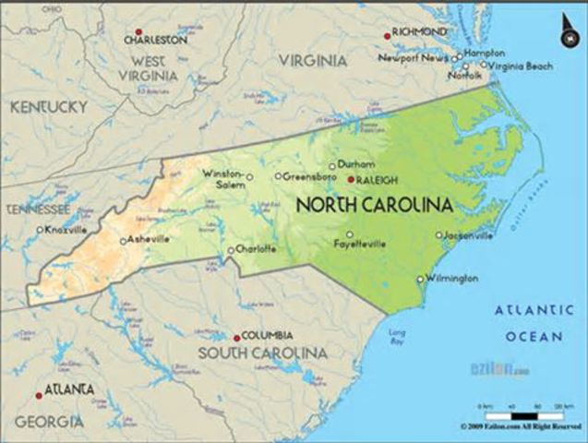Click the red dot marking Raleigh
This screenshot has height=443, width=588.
[x=351, y=180]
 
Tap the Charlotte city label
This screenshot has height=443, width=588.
[x=256, y=248]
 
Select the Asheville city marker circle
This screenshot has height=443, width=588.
[x=123, y=241]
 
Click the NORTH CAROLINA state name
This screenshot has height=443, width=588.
[x=373, y=205]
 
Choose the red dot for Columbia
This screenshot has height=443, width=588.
[x=236, y=338]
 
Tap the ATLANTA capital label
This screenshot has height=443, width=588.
[x=69, y=389]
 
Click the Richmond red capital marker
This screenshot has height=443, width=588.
[x=388, y=36]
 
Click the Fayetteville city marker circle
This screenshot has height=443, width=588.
[x=350, y=233]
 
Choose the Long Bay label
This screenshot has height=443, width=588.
[x=397, y=336]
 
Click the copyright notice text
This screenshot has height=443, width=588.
[x=521, y=427]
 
